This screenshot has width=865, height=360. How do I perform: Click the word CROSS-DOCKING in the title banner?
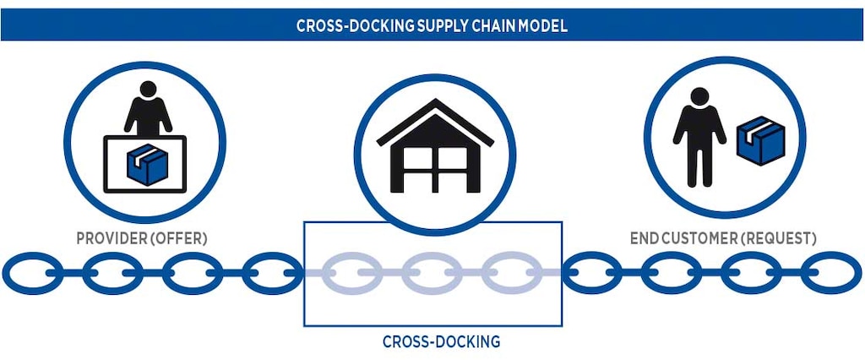click(x=355, y=25)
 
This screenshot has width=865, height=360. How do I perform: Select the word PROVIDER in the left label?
click(x=110, y=239)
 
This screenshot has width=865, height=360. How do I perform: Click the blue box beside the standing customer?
click(x=759, y=139)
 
